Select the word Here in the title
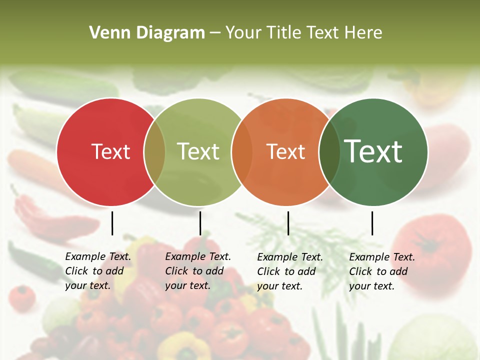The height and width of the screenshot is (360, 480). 363,33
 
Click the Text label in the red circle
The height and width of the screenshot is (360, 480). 110,151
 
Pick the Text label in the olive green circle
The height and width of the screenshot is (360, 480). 198,151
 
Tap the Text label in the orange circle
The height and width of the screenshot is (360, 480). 285,151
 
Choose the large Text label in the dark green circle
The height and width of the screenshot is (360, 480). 373,151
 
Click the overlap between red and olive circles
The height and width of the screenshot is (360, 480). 154,151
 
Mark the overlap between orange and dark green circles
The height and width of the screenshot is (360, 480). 329,151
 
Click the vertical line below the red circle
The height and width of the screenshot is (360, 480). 112,223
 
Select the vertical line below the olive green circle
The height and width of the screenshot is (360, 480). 200,223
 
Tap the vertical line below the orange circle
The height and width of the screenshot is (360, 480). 288,223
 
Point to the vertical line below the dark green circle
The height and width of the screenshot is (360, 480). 372,223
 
